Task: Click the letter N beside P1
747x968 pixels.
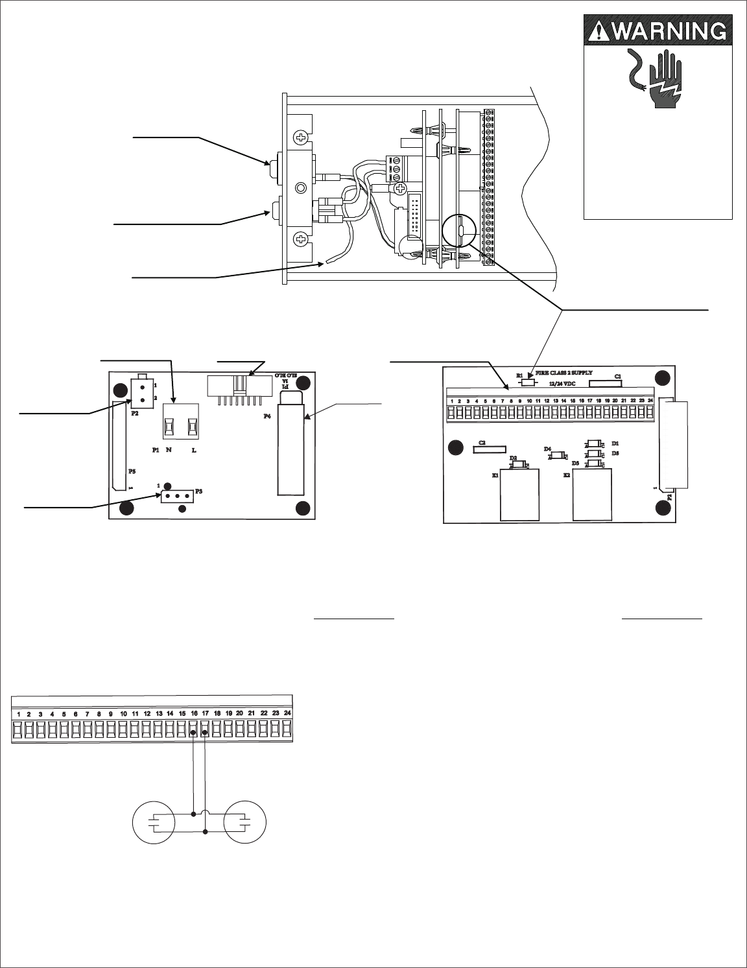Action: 169,450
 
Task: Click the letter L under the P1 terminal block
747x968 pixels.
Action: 194,450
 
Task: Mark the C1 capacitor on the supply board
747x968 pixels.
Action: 605,383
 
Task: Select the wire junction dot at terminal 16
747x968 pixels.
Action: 194,733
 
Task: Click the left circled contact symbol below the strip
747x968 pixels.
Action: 154,823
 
